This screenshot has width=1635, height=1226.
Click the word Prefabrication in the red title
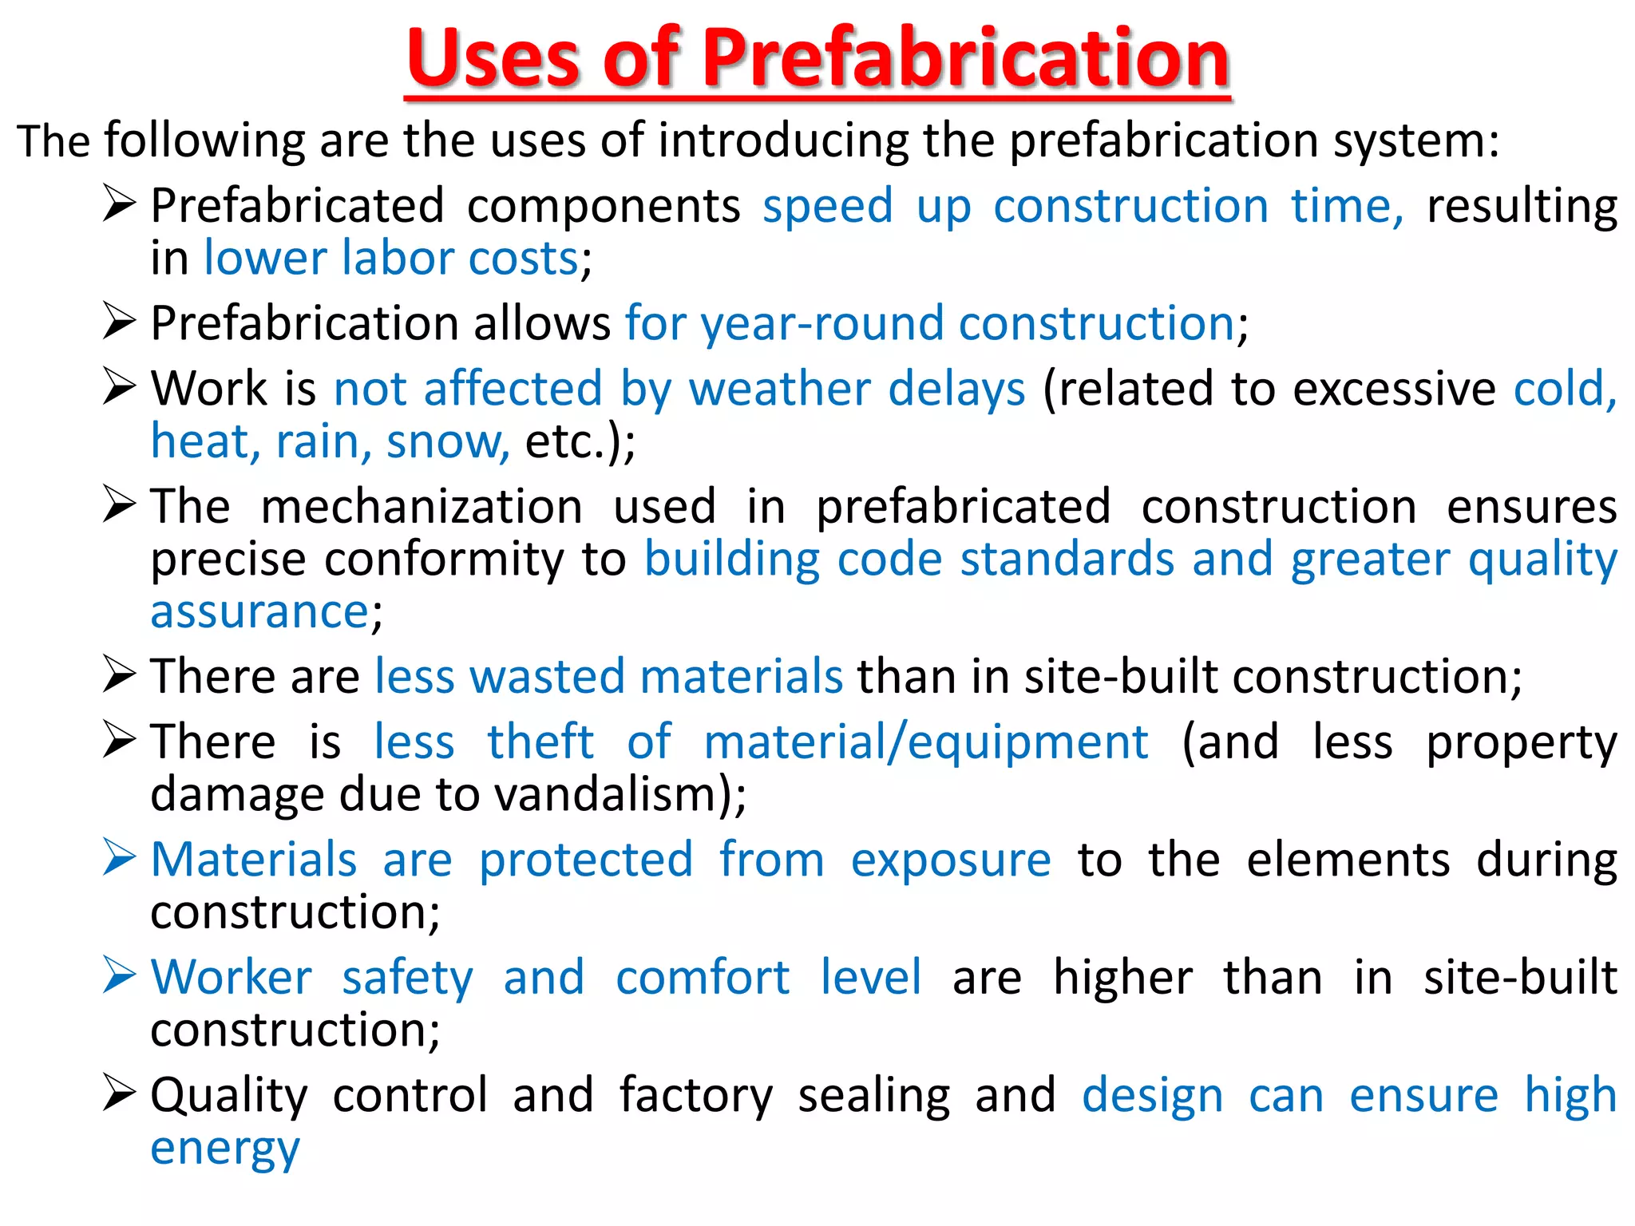click(x=965, y=57)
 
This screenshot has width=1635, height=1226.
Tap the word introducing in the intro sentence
click(x=782, y=140)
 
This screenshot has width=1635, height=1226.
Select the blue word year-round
click(x=824, y=324)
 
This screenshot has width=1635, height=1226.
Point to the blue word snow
click(x=446, y=441)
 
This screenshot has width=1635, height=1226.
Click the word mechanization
click(x=422, y=507)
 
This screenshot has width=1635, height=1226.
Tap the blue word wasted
click(x=547, y=677)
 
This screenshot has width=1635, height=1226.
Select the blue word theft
click(x=540, y=742)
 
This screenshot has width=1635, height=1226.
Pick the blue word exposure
click(x=950, y=860)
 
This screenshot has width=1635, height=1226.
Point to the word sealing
click(x=874, y=1095)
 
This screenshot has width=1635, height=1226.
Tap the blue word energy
click(x=225, y=1149)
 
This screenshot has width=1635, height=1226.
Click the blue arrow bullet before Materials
click(x=119, y=858)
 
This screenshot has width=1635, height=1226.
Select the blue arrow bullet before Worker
click(x=119, y=975)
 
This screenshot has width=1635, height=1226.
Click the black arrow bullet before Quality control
click(x=119, y=1093)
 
